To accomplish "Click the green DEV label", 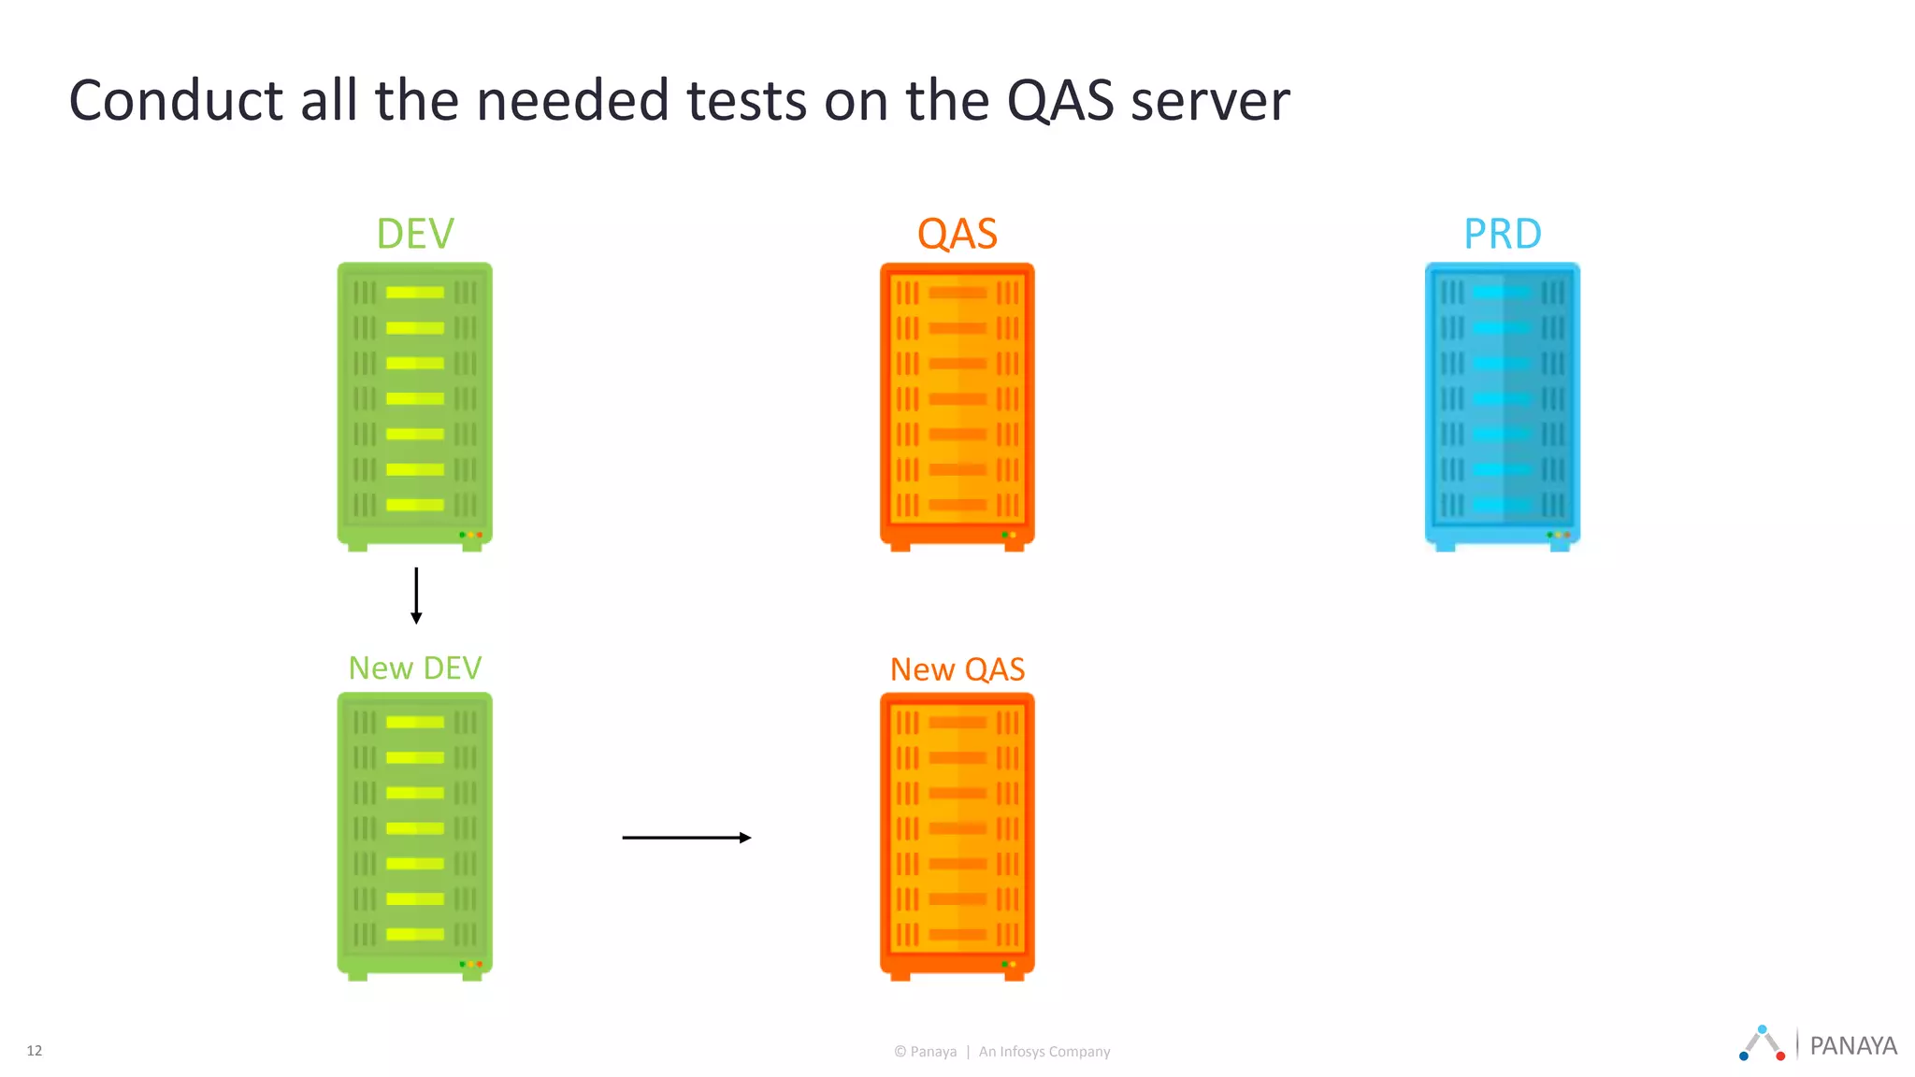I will click(x=415, y=234).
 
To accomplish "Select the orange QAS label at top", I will click(x=957, y=234).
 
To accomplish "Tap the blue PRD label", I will click(x=1502, y=234).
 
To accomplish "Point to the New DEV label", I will click(x=415, y=668).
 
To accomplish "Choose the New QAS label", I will click(x=957, y=669).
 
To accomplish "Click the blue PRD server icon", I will click(x=1502, y=406).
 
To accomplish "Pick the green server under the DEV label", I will click(x=415, y=406).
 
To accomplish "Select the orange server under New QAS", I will click(x=957, y=836).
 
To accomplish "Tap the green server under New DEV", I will click(x=415, y=836).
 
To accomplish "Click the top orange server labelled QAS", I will click(x=957, y=406).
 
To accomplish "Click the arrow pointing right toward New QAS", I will click(x=686, y=838).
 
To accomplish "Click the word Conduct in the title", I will click(x=176, y=101).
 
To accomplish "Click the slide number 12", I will click(x=35, y=1051).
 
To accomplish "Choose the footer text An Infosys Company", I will click(x=1044, y=1052).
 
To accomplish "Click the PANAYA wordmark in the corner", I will click(x=1852, y=1046).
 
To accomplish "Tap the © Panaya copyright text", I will click(x=926, y=1052).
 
